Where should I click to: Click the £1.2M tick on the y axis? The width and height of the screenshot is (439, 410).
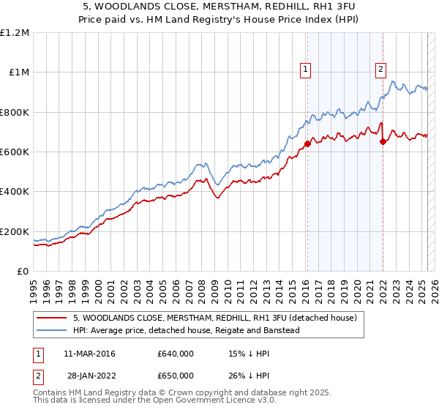[15, 33]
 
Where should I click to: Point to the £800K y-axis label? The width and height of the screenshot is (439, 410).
[15, 113]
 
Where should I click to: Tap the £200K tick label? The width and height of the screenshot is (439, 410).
[15, 231]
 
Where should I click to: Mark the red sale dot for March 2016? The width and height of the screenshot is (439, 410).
[307, 144]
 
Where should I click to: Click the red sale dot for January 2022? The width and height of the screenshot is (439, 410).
[383, 142]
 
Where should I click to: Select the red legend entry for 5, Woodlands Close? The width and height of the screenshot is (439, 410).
[214, 318]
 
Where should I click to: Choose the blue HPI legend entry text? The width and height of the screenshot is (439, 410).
[186, 330]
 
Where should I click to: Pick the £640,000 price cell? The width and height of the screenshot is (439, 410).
[176, 354]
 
